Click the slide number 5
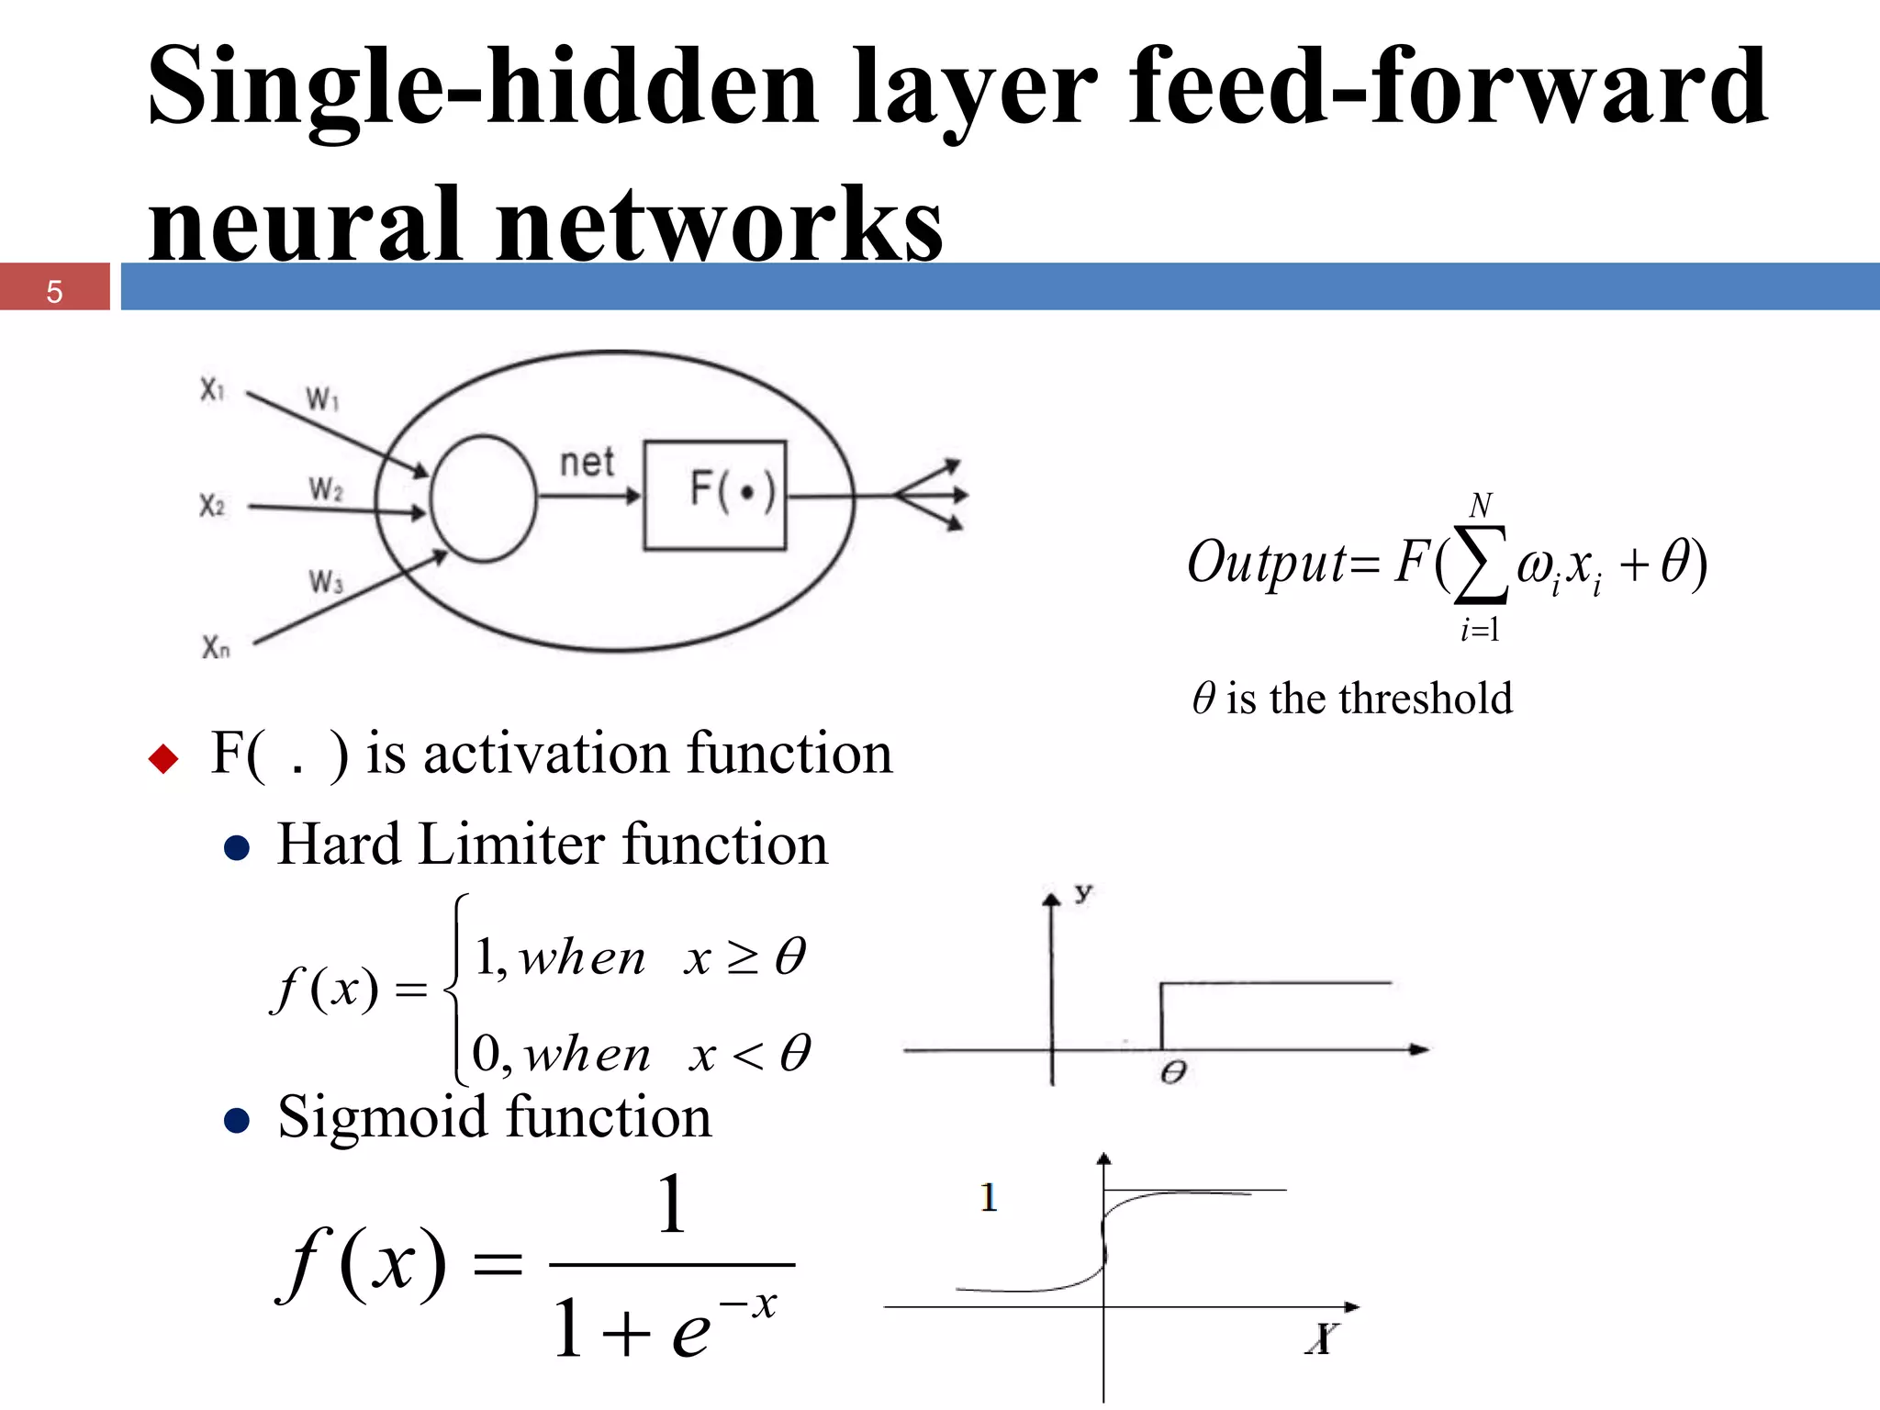[54, 291]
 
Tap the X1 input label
[212, 390]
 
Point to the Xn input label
[216, 648]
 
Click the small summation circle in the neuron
[483, 498]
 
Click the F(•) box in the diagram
[715, 496]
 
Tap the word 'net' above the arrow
[587, 462]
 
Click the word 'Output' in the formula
[1267, 562]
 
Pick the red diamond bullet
[163, 758]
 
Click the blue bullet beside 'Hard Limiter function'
[237, 848]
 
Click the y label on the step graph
[1084, 892]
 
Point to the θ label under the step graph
[1173, 1072]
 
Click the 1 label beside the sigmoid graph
[988, 1197]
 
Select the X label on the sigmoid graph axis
[1322, 1338]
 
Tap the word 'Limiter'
[511, 844]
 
